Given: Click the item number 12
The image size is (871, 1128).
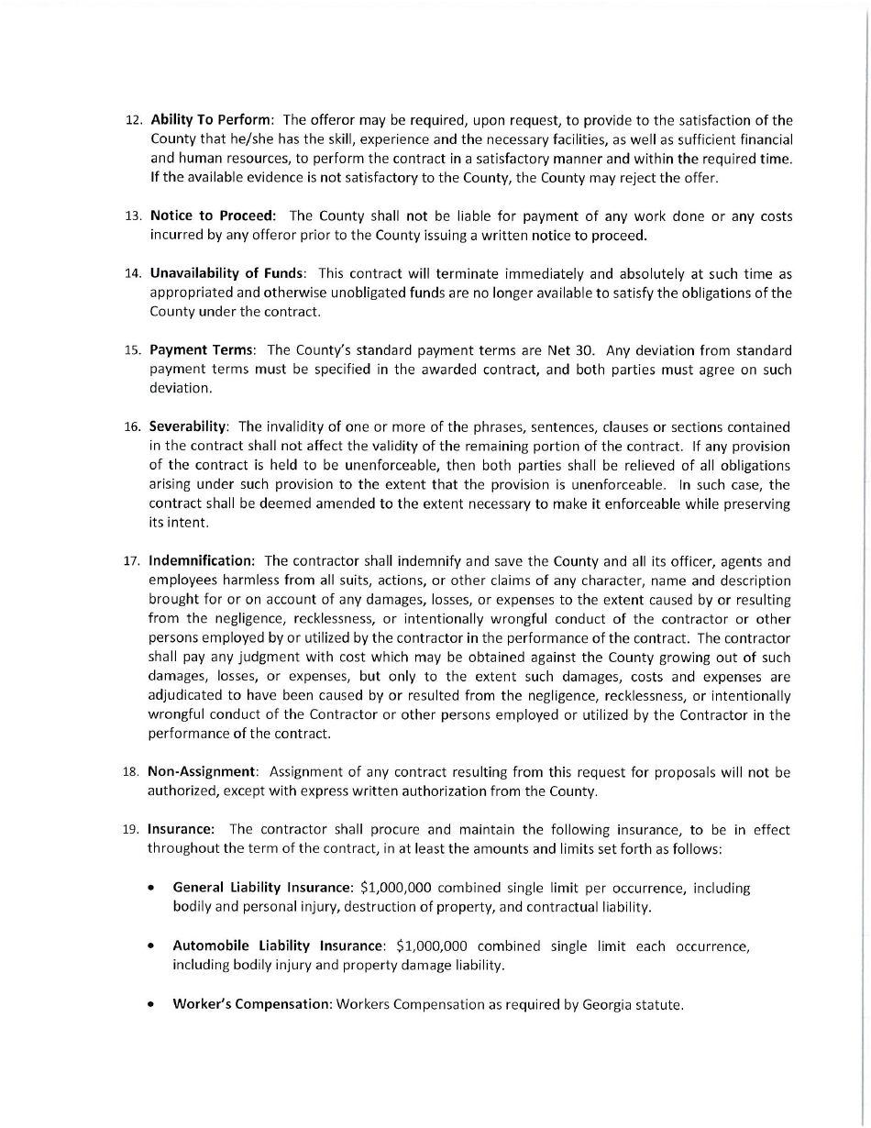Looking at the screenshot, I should [133, 121].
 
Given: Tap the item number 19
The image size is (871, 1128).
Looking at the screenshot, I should [131, 830].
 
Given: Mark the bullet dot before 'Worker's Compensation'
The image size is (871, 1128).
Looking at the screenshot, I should [150, 1004].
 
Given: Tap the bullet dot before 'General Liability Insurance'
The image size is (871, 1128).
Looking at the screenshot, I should [150, 888].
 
